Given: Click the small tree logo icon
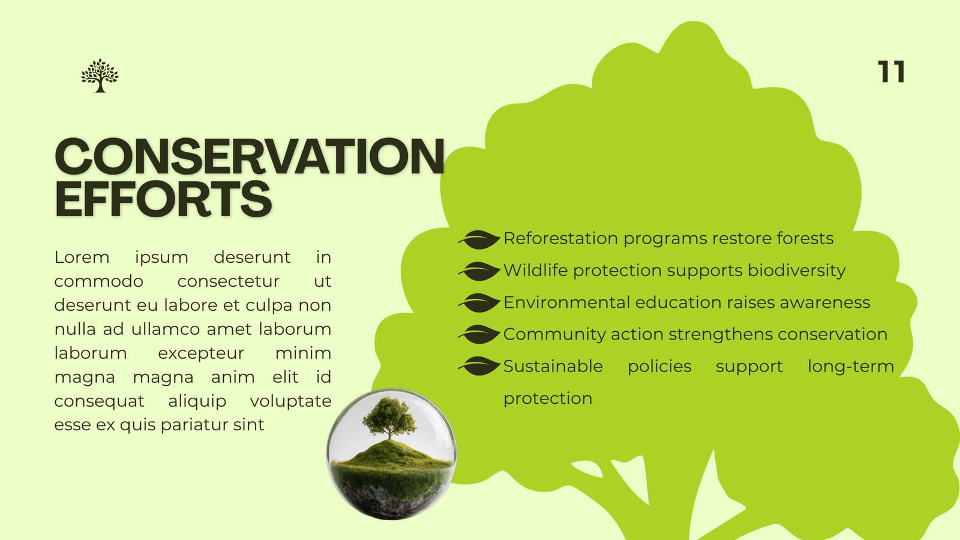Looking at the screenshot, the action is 100,76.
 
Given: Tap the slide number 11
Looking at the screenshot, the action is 891,71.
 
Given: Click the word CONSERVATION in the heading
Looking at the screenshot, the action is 250,157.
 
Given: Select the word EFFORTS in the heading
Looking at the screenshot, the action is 163,199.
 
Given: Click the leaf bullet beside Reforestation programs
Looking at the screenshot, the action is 479,239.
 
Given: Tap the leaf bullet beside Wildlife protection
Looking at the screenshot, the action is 479,271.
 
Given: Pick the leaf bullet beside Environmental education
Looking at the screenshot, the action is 479,303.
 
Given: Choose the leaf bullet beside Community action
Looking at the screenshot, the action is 479,335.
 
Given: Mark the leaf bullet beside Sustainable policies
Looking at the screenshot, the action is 479,367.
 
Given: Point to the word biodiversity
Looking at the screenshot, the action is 797,271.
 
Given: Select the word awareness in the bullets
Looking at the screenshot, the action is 825,302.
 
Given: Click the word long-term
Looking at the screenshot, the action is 851,367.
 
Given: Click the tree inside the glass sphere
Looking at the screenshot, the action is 389,418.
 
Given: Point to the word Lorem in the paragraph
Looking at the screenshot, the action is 82,257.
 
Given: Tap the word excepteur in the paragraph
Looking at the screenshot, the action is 201,353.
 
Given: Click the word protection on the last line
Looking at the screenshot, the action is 548,399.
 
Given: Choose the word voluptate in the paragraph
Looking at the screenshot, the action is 290,401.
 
